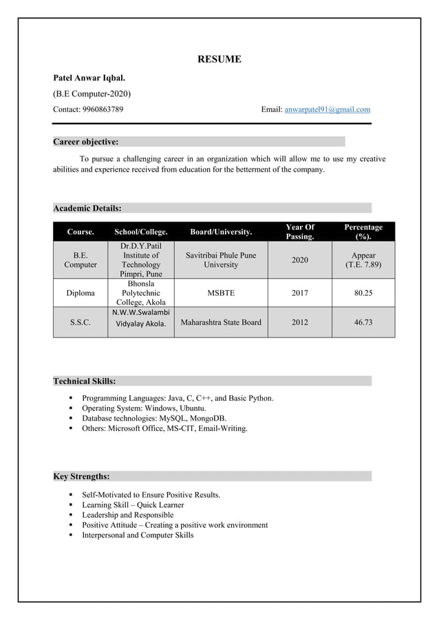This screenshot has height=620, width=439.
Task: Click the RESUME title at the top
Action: (x=219, y=59)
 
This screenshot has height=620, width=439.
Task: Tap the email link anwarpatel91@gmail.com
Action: (x=328, y=109)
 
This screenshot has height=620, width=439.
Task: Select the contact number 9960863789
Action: (x=103, y=109)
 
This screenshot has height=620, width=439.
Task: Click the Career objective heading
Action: (x=86, y=142)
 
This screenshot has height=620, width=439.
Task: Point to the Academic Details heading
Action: (x=87, y=208)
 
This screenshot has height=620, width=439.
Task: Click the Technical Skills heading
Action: (x=85, y=381)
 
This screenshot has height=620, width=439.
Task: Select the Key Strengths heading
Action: (x=81, y=476)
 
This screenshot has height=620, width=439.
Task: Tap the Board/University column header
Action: (x=221, y=232)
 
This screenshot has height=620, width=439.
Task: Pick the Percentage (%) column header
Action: (x=363, y=232)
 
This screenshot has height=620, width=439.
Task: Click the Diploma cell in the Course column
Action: (x=81, y=293)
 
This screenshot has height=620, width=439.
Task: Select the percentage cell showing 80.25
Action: (x=363, y=293)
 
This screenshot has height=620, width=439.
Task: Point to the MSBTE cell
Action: (x=221, y=293)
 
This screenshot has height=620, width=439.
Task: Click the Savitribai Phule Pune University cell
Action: (x=221, y=260)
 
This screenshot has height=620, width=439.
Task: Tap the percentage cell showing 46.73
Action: (x=363, y=322)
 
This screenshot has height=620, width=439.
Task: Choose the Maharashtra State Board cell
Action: (x=221, y=322)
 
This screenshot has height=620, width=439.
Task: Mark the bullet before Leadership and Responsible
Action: (x=71, y=515)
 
